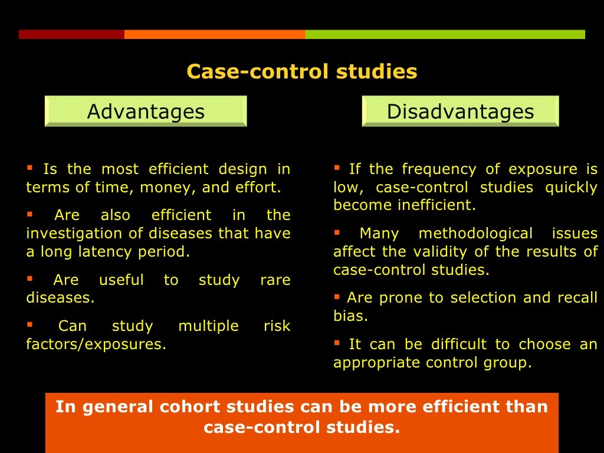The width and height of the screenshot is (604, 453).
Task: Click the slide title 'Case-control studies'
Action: point(301,72)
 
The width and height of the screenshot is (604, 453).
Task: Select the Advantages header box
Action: point(146,111)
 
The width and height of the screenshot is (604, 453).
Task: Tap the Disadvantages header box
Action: point(460,111)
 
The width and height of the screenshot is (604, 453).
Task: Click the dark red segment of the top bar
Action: point(71,34)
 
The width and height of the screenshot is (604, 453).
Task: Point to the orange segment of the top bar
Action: point(215,34)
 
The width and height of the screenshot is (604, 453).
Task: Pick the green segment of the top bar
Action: point(445,34)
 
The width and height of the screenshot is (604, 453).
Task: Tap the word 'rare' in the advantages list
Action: point(275,280)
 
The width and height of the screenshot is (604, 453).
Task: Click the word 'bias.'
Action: point(350,316)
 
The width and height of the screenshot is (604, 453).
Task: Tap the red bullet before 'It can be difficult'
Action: point(337,342)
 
